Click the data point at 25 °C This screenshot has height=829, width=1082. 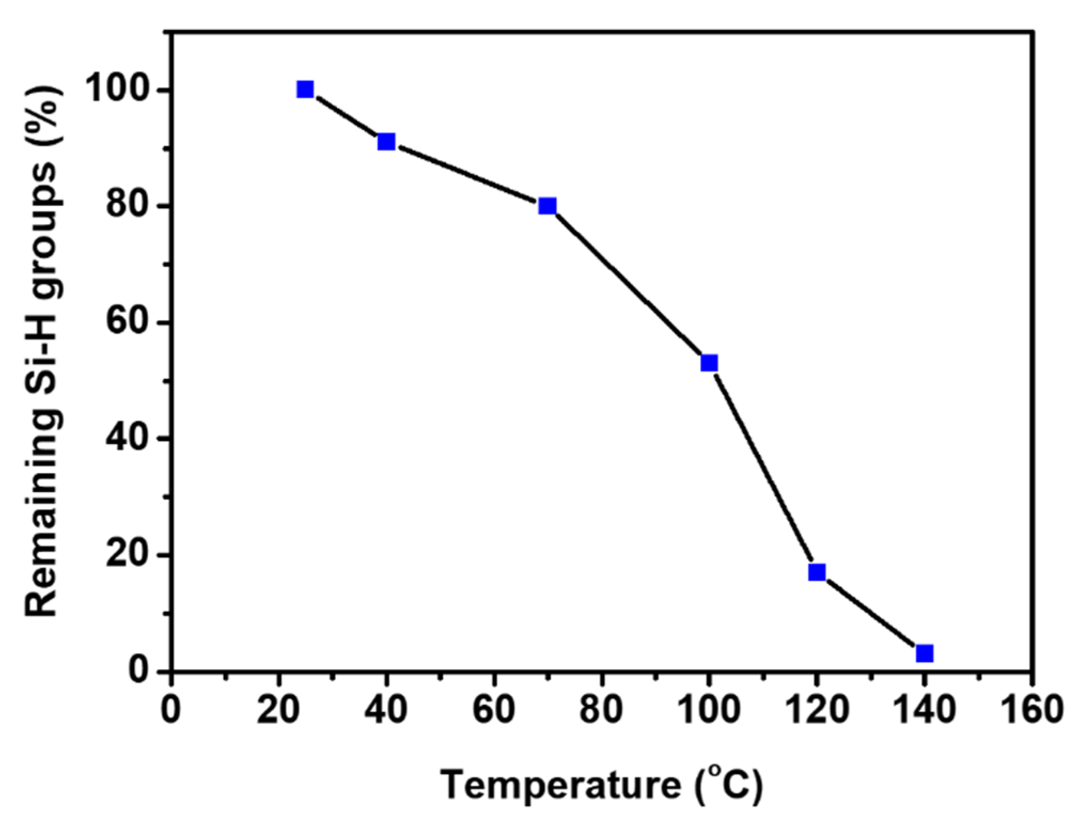coord(305,90)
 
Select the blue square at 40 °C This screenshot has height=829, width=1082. coord(386,142)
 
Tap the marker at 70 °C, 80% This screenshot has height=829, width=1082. coord(547,206)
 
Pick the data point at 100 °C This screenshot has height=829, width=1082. coord(709,364)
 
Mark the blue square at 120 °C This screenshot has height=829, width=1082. coord(817,573)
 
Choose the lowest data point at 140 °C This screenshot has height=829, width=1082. coord(924,653)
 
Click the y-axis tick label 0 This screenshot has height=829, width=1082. coord(139,670)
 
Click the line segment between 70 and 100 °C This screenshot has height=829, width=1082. coord(628,285)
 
